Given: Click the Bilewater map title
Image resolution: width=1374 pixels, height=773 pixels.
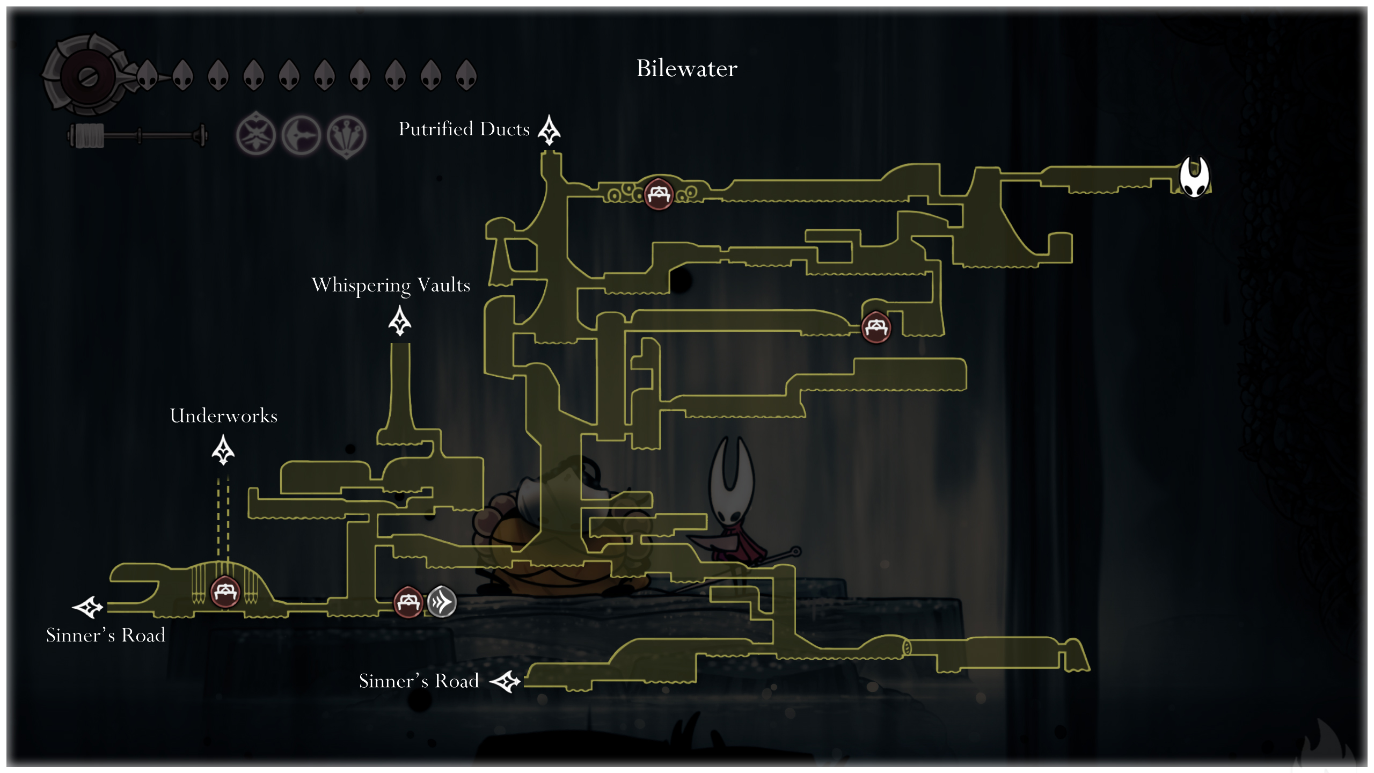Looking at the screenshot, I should (686, 69).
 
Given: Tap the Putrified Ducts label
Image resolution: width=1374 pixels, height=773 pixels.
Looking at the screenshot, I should (464, 129).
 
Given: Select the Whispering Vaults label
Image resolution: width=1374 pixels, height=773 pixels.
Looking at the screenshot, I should (391, 285).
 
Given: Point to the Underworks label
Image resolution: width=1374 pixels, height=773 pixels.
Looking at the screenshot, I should (223, 416).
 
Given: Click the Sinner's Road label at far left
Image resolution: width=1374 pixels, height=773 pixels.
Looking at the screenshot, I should (106, 636).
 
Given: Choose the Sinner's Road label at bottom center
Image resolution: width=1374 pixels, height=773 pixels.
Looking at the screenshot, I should (419, 681).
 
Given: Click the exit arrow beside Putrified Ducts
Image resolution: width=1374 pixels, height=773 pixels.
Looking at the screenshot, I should (549, 130).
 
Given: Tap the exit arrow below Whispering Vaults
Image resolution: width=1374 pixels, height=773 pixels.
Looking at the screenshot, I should (400, 321).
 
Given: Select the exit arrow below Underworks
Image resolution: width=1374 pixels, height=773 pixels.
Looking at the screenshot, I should (223, 450).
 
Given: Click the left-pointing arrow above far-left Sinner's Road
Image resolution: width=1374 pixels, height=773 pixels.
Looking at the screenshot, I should (88, 607).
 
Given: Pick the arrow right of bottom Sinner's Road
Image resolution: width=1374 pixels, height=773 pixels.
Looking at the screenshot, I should (506, 682).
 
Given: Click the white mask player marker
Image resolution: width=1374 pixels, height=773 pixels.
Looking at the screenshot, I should (1194, 177).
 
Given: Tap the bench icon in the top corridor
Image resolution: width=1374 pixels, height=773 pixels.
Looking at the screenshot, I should (659, 193).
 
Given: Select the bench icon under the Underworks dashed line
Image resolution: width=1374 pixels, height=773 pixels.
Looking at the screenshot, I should (225, 592).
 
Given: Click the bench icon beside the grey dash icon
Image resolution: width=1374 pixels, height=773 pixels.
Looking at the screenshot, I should (408, 602).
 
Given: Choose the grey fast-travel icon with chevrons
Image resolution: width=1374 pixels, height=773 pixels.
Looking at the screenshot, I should (442, 602).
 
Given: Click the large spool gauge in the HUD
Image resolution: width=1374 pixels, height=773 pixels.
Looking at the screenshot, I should (86, 76).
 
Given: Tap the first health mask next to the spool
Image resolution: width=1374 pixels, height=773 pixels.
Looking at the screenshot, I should (147, 75).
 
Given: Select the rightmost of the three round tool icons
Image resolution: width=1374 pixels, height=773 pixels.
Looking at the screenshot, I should (347, 136).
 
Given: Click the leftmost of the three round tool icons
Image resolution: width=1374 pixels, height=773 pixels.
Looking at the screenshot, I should (256, 135).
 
